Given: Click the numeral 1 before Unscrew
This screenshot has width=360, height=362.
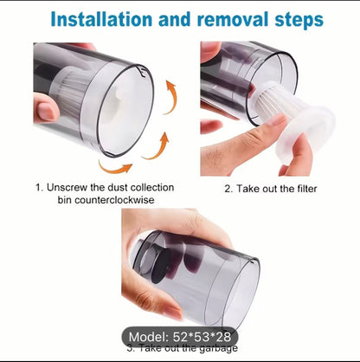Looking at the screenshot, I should [x=39, y=186].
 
